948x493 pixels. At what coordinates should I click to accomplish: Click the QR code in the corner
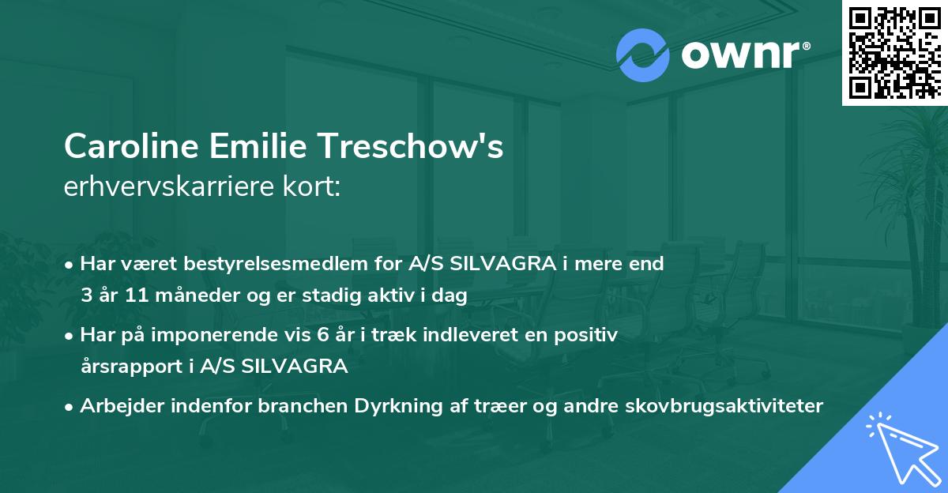click(894, 52)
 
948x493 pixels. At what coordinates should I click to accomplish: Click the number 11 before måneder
click(137, 295)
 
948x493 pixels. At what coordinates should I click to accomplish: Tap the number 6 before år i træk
click(322, 335)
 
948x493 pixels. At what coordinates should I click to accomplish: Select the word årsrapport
click(124, 367)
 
